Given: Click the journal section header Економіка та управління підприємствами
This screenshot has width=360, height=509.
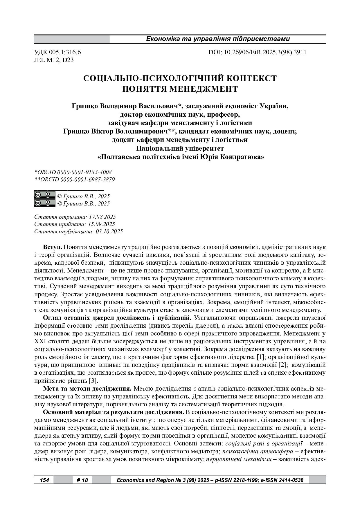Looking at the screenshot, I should pyautogui.click(x=218, y=39).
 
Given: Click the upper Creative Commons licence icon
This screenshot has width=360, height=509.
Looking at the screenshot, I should pyautogui.click(x=45, y=195).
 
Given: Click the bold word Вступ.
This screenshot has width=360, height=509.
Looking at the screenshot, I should pyautogui.click(x=53, y=247).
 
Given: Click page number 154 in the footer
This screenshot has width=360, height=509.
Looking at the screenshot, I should pyautogui.click(x=44, y=480).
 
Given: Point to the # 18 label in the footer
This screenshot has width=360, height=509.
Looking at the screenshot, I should pyautogui.click(x=82, y=480).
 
